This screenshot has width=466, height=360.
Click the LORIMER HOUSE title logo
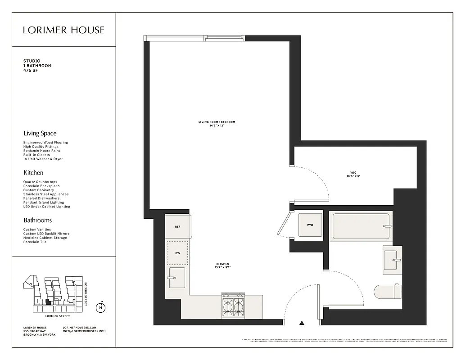tap(63, 30)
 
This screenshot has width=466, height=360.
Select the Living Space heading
tap(40, 133)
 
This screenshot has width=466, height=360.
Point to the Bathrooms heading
tap(37, 220)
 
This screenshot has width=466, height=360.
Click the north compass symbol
tap(101, 308)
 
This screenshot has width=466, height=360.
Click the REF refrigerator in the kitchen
tap(178, 226)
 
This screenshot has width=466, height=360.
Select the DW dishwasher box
tap(177, 253)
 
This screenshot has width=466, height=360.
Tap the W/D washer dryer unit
tap(310, 225)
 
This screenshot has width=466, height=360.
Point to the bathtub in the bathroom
tap(361, 226)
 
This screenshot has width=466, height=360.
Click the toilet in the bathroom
tap(387, 292)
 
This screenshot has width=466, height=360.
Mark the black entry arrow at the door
tap(302, 322)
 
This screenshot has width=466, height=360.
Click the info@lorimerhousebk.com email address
tap(84, 331)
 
